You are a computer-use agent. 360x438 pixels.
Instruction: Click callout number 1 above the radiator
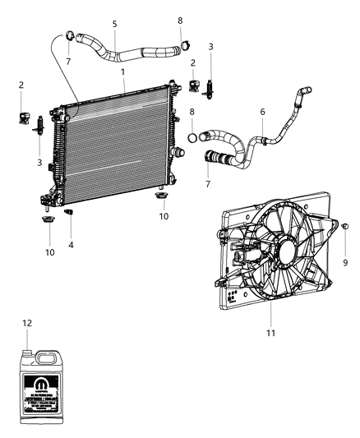point(122,72)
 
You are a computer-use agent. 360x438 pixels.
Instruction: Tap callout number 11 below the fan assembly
point(271,333)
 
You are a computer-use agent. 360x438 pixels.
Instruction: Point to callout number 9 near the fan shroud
point(346,262)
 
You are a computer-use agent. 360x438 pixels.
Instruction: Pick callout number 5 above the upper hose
point(114,23)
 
